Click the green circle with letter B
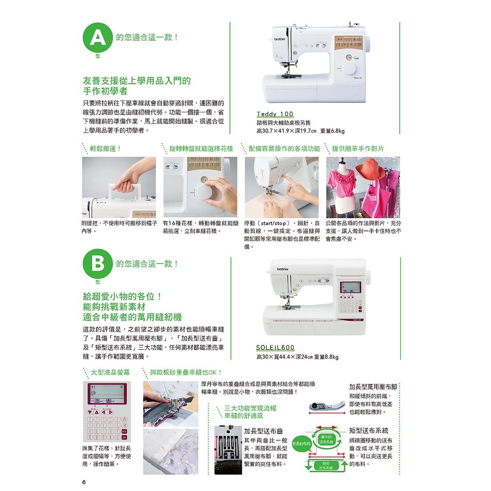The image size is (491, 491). coord(97,264)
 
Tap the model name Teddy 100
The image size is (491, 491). coord(275,114)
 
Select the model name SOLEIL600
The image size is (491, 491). coord(275,348)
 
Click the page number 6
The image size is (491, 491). coord(84,482)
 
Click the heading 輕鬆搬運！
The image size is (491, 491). coord(106,149)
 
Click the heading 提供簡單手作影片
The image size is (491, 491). coord(358,149)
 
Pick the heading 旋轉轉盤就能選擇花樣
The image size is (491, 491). coord(201,149)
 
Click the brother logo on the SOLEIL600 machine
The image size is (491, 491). coord(282,269)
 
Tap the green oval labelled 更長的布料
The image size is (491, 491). coord(302,444)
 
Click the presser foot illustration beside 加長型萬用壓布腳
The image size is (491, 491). coord(324,406)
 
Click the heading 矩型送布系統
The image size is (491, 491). coord(369,430)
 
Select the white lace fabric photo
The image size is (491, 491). coord(171,451)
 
